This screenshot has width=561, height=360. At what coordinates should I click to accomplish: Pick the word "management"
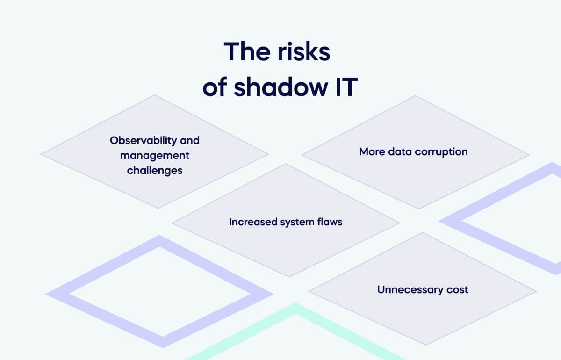(155, 155)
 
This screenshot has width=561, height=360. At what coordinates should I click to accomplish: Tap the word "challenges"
(155, 170)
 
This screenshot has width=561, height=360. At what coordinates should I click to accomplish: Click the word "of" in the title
(215, 87)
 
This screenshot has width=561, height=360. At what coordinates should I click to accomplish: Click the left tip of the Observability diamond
(42, 154)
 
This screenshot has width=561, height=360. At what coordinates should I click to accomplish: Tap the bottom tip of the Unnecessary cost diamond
(426, 345)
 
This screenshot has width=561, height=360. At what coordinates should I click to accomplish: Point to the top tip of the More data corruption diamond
(415, 96)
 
